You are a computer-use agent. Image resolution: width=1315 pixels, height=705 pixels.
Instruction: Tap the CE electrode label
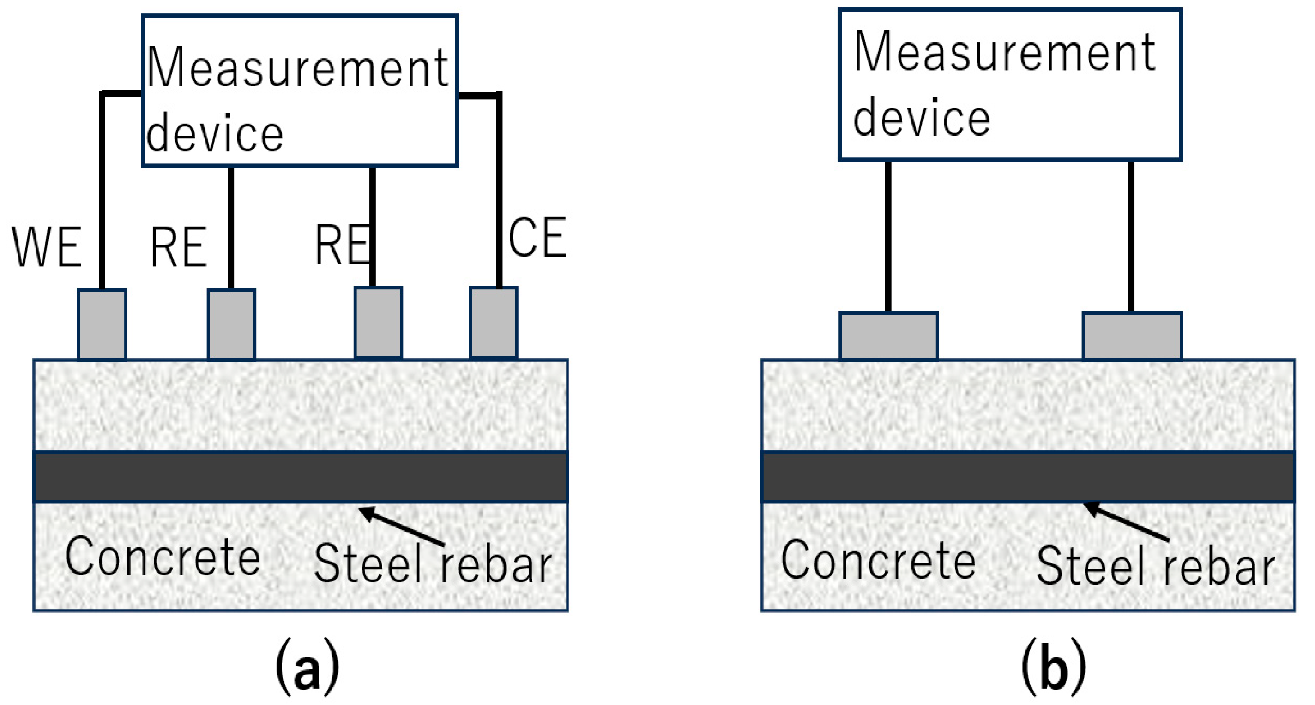tap(537, 237)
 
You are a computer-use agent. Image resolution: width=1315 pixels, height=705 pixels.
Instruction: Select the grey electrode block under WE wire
tap(102, 324)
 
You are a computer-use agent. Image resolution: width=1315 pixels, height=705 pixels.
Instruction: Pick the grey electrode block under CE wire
tap(494, 323)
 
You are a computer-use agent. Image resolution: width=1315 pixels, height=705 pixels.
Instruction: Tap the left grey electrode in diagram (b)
tap(889, 337)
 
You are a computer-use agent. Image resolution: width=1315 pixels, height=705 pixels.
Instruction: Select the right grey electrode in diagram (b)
tap(1132, 337)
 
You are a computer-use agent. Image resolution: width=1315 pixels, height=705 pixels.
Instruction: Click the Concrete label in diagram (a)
tap(163, 557)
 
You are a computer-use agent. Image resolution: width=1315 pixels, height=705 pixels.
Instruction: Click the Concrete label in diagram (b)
tap(879, 561)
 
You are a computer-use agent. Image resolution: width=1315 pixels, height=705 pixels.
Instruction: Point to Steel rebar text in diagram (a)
tap(433, 563)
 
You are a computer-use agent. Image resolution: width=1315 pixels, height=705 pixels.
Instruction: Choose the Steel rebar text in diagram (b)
tap(1156, 566)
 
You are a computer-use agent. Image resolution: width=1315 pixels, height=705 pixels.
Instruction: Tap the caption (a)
tap(308, 667)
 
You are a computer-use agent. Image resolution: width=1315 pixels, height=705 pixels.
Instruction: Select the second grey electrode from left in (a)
tap(231, 324)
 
